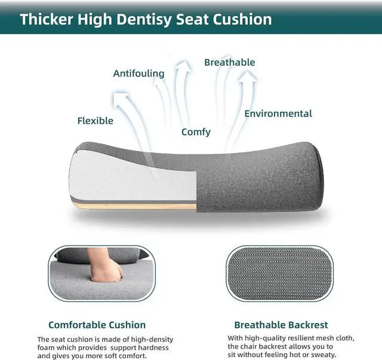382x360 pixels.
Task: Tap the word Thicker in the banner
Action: click(x=47, y=19)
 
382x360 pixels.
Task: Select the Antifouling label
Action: click(x=138, y=73)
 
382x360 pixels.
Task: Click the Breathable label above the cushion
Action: click(x=229, y=63)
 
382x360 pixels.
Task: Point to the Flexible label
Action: click(x=95, y=121)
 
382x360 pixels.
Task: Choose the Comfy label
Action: click(x=196, y=132)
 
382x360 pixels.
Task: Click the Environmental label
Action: click(x=278, y=113)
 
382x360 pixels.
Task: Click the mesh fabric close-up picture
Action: click(x=280, y=273)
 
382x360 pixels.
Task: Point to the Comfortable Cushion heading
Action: click(x=97, y=325)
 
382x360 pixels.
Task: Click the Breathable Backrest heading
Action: click(x=281, y=325)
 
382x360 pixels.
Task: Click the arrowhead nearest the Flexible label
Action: click(x=121, y=99)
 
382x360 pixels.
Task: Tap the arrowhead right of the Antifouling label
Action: click(x=183, y=66)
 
